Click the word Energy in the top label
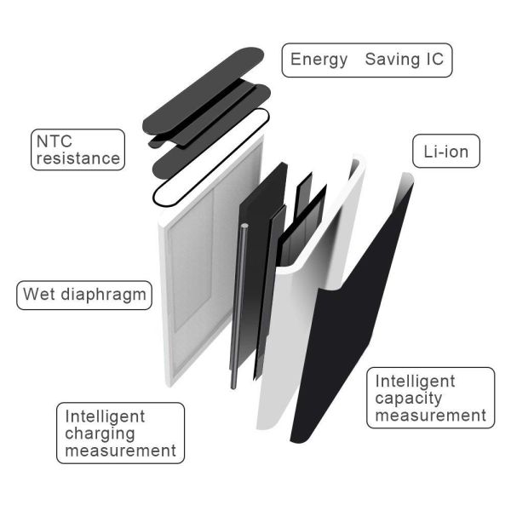(319, 60)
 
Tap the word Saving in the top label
(392, 60)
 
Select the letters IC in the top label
(434, 59)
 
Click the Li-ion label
(445, 152)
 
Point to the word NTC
(55, 141)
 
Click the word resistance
(78, 158)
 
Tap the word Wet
(39, 294)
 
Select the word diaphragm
(104, 296)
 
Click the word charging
(100, 434)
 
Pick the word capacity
(409, 399)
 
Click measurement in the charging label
(121, 451)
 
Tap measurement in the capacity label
(431, 416)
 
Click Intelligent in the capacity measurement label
(416, 382)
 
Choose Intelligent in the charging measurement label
(105, 416)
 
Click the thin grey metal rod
(238, 307)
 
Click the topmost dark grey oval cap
(202, 91)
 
